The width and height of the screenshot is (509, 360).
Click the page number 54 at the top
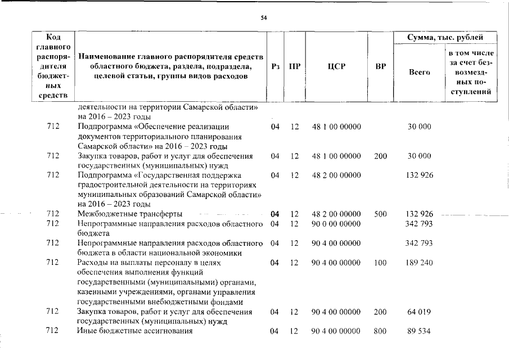click(264, 18)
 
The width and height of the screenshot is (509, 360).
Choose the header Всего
click(420, 72)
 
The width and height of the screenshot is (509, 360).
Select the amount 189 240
click(420, 263)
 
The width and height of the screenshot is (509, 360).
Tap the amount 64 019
click(420, 312)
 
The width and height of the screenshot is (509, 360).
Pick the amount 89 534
click(420, 331)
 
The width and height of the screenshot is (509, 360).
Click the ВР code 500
click(380, 214)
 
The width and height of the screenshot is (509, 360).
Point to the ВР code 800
click(380, 331)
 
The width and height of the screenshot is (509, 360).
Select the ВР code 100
click(380, 263)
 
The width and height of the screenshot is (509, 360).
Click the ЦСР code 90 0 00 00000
click(336, 224)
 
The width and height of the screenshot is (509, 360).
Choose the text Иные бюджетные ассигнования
click(135, 331)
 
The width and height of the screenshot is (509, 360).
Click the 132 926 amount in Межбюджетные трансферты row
click(420, 214)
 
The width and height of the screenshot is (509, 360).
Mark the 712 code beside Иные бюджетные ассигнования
click(53, 331)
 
